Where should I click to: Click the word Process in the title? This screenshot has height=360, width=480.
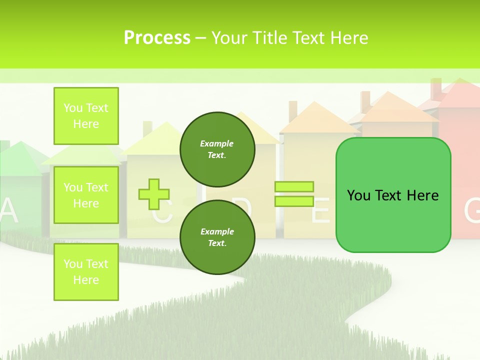[157, 38]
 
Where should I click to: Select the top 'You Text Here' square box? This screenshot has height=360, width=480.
[86, 116]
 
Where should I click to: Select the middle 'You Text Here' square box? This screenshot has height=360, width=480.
[86, 195]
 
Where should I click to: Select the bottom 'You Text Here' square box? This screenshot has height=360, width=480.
[86, 272]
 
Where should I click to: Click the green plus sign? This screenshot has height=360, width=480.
[154, 194]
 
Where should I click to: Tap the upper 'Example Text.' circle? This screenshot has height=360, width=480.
[217, 149]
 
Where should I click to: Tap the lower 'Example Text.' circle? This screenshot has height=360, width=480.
[217, 237]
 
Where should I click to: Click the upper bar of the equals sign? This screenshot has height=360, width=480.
[294, 187]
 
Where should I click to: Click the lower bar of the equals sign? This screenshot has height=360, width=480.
[294, 201]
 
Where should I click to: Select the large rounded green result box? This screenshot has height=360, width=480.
[393, 195]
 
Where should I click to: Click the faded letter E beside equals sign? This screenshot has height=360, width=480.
[320, 213]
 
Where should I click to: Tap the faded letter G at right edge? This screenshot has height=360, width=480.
[472, 211]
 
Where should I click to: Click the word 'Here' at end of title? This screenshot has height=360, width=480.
[349, 38]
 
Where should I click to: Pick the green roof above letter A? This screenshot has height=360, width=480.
[19, 159]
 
